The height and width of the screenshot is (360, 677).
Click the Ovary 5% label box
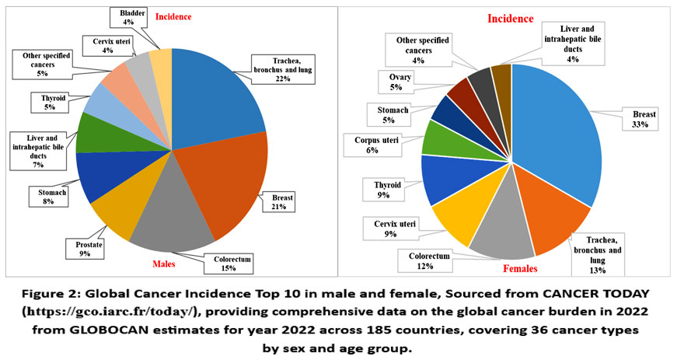[x=396, y=82]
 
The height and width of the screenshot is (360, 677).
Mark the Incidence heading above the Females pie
[x=510, y=19]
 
